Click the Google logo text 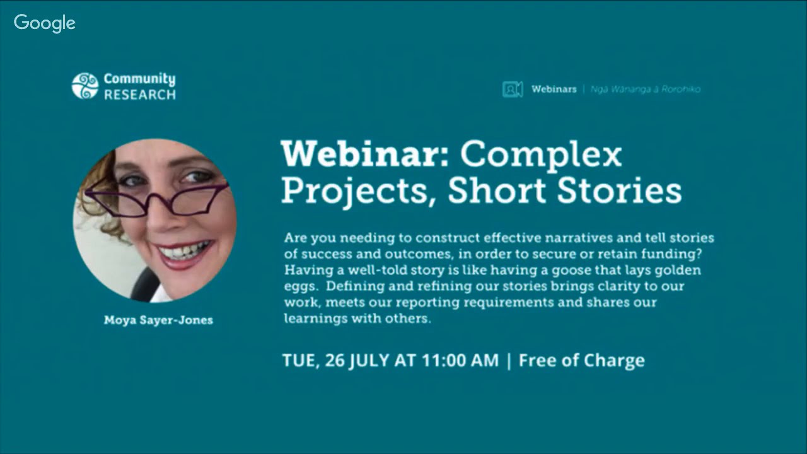coord(44,23)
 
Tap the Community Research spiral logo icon coord(85,86)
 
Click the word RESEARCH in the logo coord(139,95)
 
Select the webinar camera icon coord(512,90)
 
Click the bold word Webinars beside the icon coord(554,90)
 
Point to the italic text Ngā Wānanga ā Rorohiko coord(646,90)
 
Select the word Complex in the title coord(541,154)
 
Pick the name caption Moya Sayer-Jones coord(158,320)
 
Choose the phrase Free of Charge coord(581,361)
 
